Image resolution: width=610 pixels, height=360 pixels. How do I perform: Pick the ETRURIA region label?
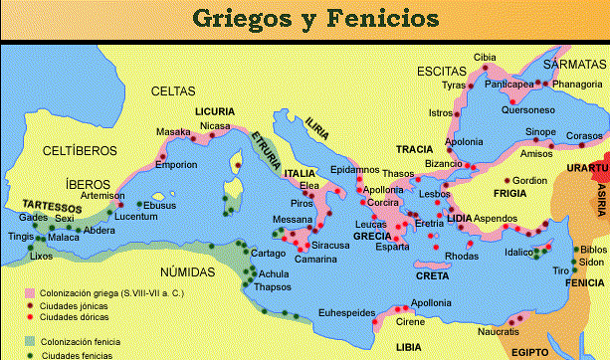click(x=265, y=147)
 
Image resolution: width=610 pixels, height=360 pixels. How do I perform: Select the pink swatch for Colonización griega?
click(x=30, y=292)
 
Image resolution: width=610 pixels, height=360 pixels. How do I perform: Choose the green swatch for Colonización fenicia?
click(x=30, y=341)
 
